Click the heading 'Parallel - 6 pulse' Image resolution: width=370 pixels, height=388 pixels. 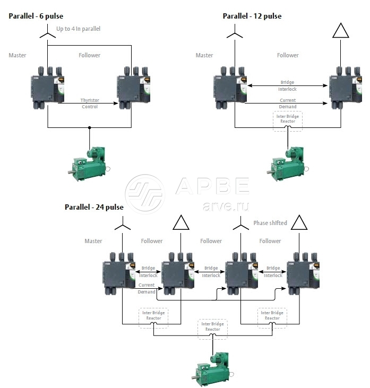[36, 16]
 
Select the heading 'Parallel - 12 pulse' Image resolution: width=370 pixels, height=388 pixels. [252, 16]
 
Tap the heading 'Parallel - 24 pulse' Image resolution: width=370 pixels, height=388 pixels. [94, 207]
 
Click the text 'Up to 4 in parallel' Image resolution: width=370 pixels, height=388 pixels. [78, 28]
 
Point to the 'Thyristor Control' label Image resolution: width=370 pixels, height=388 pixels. [90, 103]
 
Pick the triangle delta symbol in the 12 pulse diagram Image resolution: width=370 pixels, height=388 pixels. [340, 31]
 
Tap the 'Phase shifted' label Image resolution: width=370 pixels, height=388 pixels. [270, 223]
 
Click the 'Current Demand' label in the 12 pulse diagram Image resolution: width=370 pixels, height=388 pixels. [287, 103]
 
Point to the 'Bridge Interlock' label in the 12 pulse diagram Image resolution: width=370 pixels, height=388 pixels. [287, 85]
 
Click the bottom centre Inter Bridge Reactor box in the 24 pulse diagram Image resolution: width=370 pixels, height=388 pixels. [212, 326]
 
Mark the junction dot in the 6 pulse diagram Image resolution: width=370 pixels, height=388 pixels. [89, 127]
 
